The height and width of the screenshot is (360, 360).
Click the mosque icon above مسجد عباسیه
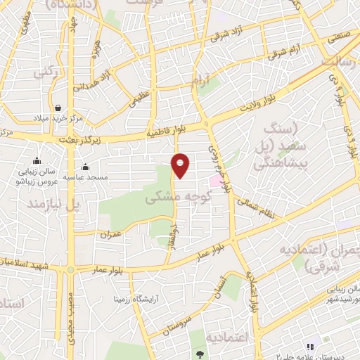[85, 167]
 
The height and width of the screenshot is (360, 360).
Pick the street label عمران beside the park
[112, 233]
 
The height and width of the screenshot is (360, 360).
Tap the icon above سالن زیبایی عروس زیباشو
[37, 160]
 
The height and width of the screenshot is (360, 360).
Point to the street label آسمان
[226, 288]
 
